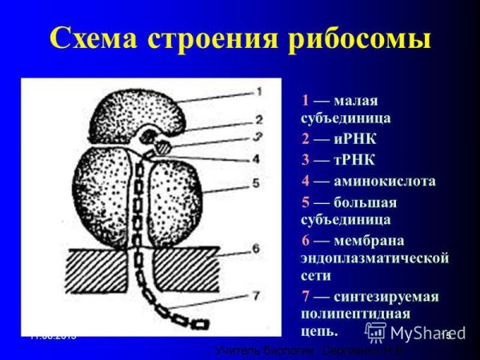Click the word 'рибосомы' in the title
(x=351, y=38)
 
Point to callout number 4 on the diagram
(x=256, y=158)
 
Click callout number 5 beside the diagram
(x=257, y=183)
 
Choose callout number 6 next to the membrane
(x=256, y=249)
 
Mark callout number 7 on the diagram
(x=255, y=295)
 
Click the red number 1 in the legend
(x=305, y=101)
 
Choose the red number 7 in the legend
(x=305, y=297)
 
